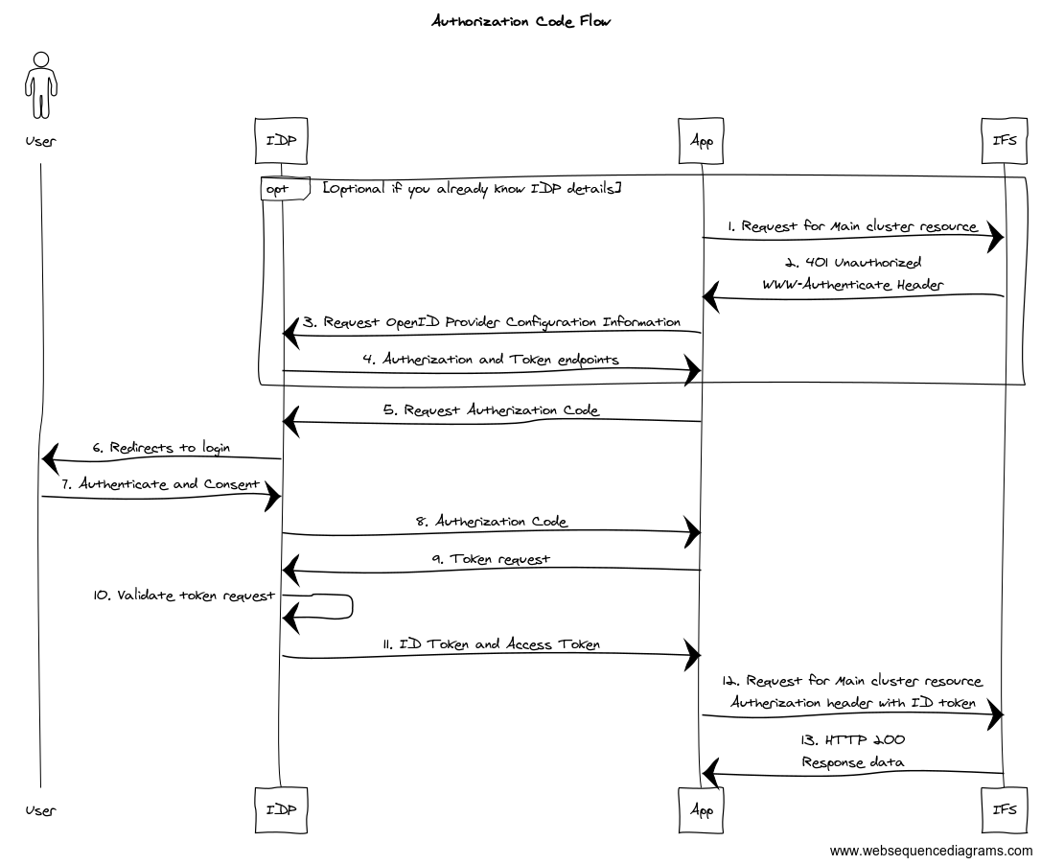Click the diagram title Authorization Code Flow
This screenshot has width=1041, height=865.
(520, 20)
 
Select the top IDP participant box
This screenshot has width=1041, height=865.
(281, 140)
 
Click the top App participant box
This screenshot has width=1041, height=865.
(702, 140)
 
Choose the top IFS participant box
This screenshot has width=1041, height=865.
(1004, 140)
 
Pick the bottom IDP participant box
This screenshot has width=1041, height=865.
(281, 809)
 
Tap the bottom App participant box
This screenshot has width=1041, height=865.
(702, 809)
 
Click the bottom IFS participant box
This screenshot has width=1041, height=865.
(1004, 809)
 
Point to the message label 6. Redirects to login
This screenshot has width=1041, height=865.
(161, 448)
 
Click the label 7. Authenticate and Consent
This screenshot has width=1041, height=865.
(161, 484)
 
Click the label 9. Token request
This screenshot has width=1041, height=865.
(492, 558)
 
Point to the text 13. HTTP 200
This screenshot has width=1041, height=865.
(853, 740)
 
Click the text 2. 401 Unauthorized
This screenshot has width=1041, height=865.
(853, 262)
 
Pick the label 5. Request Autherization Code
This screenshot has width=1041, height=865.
(492, 410)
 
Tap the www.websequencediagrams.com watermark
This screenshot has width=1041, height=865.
(931, 851)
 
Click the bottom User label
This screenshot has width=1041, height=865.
(40, 810)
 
